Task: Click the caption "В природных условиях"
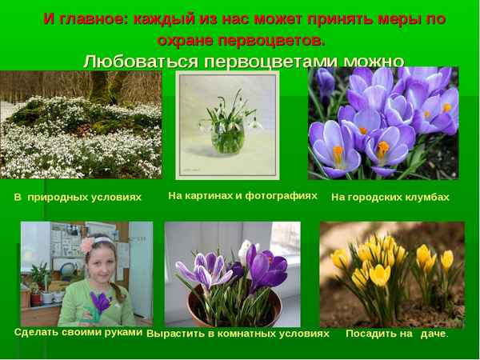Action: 78,196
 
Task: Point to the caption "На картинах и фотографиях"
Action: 242,194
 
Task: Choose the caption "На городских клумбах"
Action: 390,196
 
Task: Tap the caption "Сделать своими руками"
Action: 78,331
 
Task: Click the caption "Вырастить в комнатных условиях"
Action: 238,333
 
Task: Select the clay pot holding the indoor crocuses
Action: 228,308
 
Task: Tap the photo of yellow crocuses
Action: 391,272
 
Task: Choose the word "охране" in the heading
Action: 190,39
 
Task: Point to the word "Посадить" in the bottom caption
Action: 373,333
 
